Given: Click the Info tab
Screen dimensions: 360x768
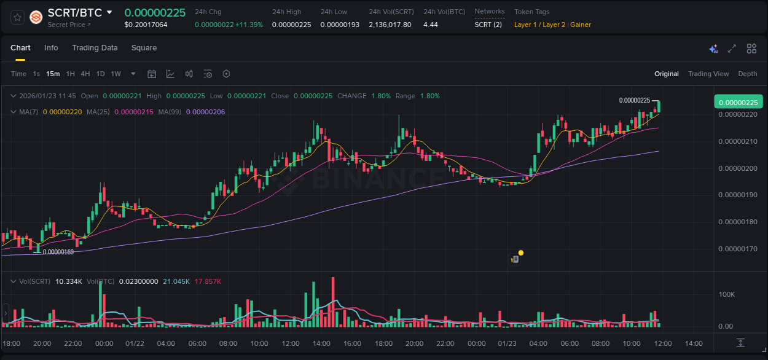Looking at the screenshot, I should coord(51,48).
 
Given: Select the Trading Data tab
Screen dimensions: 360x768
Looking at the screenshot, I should coord(95,48).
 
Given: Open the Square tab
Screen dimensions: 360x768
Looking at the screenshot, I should coord(144,48).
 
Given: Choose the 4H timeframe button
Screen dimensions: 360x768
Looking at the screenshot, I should coord(85,74).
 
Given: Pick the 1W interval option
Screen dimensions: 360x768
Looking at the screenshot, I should coord(116,74).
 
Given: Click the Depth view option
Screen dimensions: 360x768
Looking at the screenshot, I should coord(747,74).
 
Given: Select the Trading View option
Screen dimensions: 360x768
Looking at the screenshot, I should coord(708,74).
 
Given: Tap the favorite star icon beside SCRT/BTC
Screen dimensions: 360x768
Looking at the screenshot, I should coord(17,17).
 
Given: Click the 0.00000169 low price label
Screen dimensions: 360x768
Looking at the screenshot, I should coord(58,252).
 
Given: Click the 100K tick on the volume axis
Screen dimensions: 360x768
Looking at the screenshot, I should coord(726,295).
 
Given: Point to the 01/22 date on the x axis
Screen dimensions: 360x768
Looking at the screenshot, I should coord(135,343).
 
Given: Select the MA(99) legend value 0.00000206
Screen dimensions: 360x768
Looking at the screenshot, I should coord(205,112).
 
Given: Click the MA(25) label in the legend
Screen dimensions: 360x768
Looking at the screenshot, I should coord(98,112).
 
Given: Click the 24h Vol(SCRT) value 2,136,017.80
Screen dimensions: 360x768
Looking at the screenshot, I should coord(390,25).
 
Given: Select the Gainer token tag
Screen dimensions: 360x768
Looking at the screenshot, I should coord(581,25).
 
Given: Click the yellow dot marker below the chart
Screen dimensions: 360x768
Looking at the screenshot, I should coord(521,252).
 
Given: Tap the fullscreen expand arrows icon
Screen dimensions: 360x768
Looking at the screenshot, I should coord(732,49).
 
